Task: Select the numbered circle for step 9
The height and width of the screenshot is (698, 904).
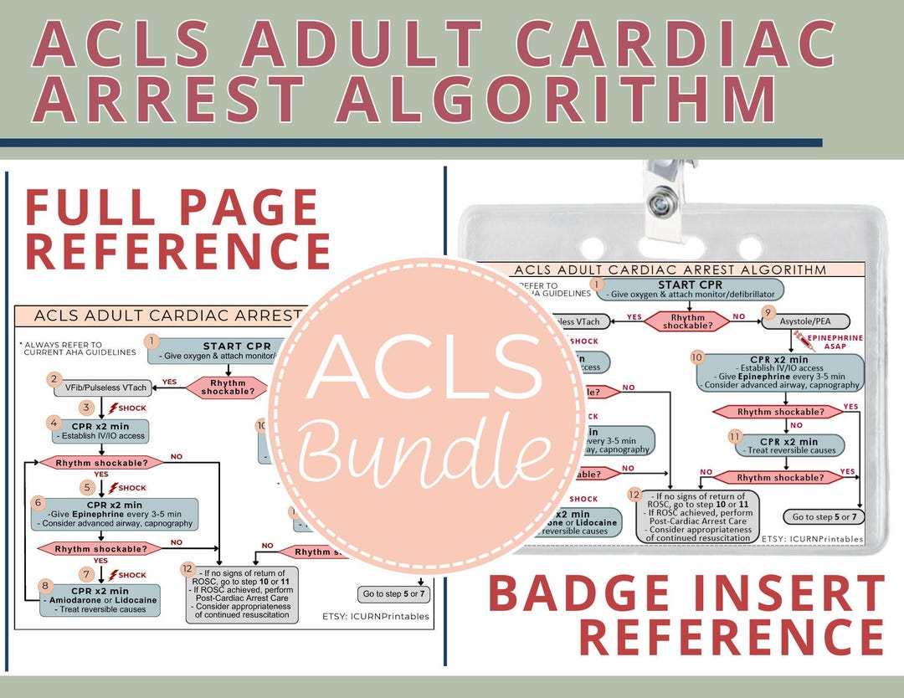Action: click(768, 313)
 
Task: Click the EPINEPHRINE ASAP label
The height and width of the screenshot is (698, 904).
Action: click(834, 342)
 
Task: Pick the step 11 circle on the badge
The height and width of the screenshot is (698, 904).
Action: click(735, 436)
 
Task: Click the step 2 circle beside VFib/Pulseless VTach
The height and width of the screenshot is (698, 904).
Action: click(54, 379)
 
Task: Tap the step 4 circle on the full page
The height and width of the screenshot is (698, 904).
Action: click(54, 423)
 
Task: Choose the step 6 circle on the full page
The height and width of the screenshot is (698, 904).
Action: click(38, 503)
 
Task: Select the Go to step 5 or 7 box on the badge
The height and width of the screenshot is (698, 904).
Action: click(823, 516)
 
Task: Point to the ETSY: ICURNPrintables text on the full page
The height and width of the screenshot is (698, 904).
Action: click(375, 616)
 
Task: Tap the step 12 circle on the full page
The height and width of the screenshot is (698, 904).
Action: click(189, 567)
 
